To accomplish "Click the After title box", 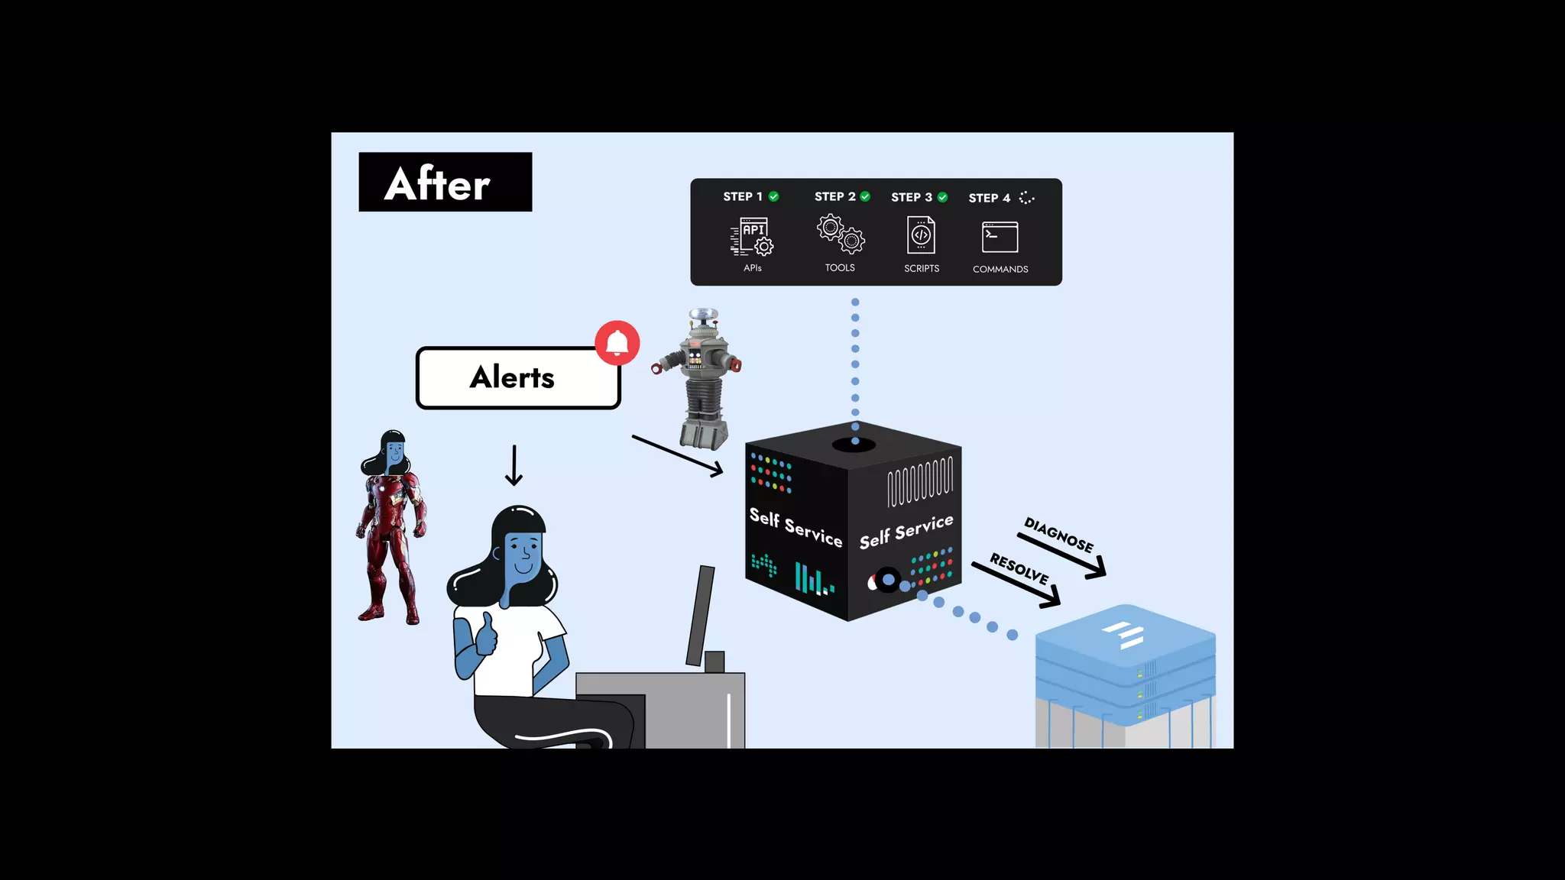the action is point(445,182).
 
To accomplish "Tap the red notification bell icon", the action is point(617,343).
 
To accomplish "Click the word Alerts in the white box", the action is point(512,377).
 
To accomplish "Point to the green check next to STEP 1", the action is point(774,196).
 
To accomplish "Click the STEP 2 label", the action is point(834,196).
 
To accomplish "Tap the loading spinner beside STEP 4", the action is point(1027,198).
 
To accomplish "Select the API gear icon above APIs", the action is point(753,236).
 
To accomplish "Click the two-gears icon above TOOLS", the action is point(841,234).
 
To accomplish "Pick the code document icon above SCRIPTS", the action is point(921,235).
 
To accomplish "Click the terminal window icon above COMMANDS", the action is point(1000,237).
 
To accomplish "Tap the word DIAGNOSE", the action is point(1058,535).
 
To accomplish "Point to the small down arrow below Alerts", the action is point(514,465).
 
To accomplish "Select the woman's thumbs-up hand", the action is point(486,633).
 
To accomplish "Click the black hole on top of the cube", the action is point(854,445).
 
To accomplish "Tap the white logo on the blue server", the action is point(1124,635).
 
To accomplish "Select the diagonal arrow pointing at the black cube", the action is point(677,455).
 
